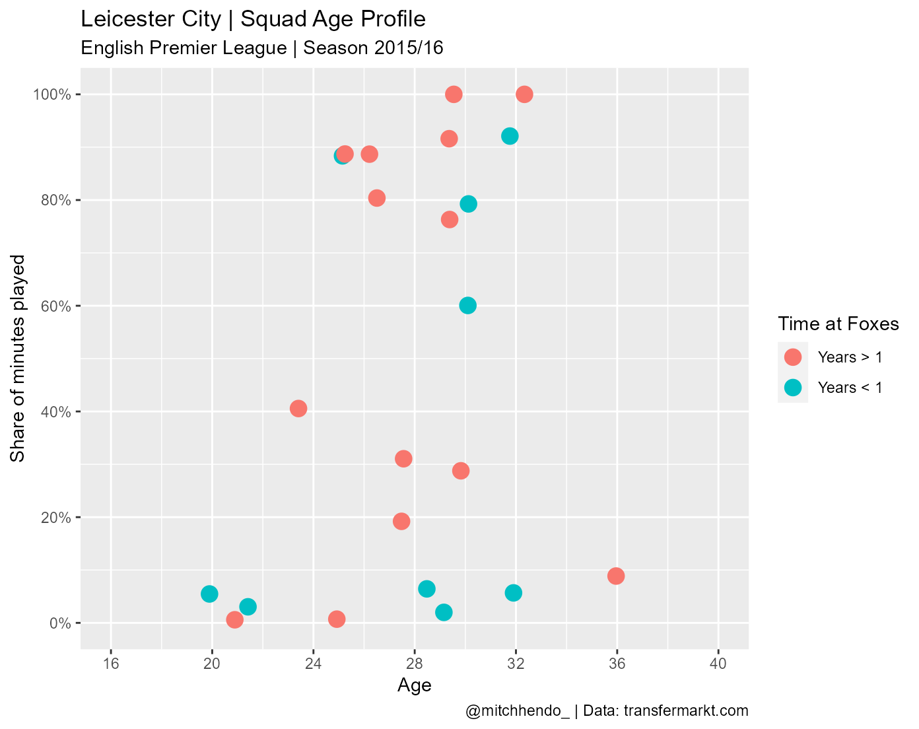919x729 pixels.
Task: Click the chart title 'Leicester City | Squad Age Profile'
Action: click(x=253, y=20)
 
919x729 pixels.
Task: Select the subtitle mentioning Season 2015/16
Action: click(x=261, y=48)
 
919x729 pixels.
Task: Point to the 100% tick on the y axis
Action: click(x=52, y=94)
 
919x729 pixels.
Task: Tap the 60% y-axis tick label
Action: click(x=54, y=306)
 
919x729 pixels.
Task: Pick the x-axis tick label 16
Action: click(x=111, y=664)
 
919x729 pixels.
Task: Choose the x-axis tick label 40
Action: click(x=718, y=664)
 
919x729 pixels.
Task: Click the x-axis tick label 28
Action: click(x=415, y=664)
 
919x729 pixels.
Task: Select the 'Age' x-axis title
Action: click(x=415, y=686)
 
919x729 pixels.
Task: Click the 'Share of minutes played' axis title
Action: click(x=18, y=359)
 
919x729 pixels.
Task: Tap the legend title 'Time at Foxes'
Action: click(x=838, y=324)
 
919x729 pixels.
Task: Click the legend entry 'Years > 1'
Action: click(x=850, y=357)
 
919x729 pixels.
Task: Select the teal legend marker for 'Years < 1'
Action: click(x=793, y=388)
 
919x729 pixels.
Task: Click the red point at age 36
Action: click(x=616, y=576)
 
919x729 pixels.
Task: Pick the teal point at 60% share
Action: click(x=467, y=305)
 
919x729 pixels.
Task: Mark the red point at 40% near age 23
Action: click(x=298, y=408)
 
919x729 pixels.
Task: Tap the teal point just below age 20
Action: click(x=209, y=594)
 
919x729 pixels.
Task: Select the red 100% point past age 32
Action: click(x=524, y=94)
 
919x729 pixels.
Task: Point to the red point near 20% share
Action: click(x=401, y=521)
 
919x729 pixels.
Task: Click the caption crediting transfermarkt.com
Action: click(x=607, y=711)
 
